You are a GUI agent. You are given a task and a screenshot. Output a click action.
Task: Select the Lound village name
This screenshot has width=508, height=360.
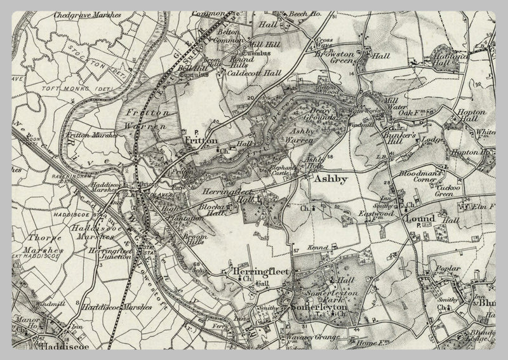tap(420, 219)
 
